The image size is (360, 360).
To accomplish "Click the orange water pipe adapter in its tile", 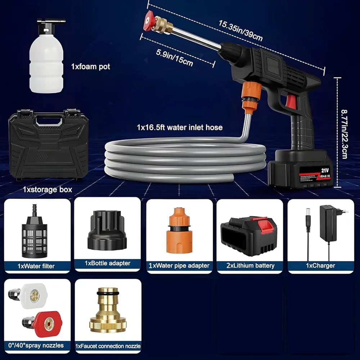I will tap(179, 230).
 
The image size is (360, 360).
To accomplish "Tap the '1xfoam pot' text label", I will tap(90, 67).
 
